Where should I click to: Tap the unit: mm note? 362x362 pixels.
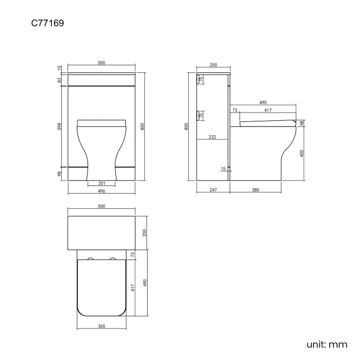tap(326, 345)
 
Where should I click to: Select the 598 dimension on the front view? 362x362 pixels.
tap(60, 126)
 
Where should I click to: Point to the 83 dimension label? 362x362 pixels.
tap(60, 80)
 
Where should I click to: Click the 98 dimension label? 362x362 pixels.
tap(60, 174)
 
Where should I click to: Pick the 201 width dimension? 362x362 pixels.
tap(101, 183)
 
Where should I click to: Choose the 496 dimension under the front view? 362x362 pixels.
tap(101, 191)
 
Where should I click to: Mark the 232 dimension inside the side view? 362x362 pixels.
tap(212, 137)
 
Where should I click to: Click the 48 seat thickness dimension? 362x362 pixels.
tap(301, 123)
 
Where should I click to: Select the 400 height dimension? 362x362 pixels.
tap(301, 153)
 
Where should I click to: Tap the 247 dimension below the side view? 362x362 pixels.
tap(213, 190)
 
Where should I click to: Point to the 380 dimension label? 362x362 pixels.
tap(256, 190)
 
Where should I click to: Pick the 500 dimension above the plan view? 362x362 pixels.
tap(101, 207)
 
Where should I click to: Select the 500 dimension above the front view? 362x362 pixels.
tap(101, 63)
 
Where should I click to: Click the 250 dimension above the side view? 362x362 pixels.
tap(213, 65)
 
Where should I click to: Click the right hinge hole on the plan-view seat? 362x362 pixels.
tap(112, 259)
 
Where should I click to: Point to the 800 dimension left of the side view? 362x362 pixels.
tap(188, 126)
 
